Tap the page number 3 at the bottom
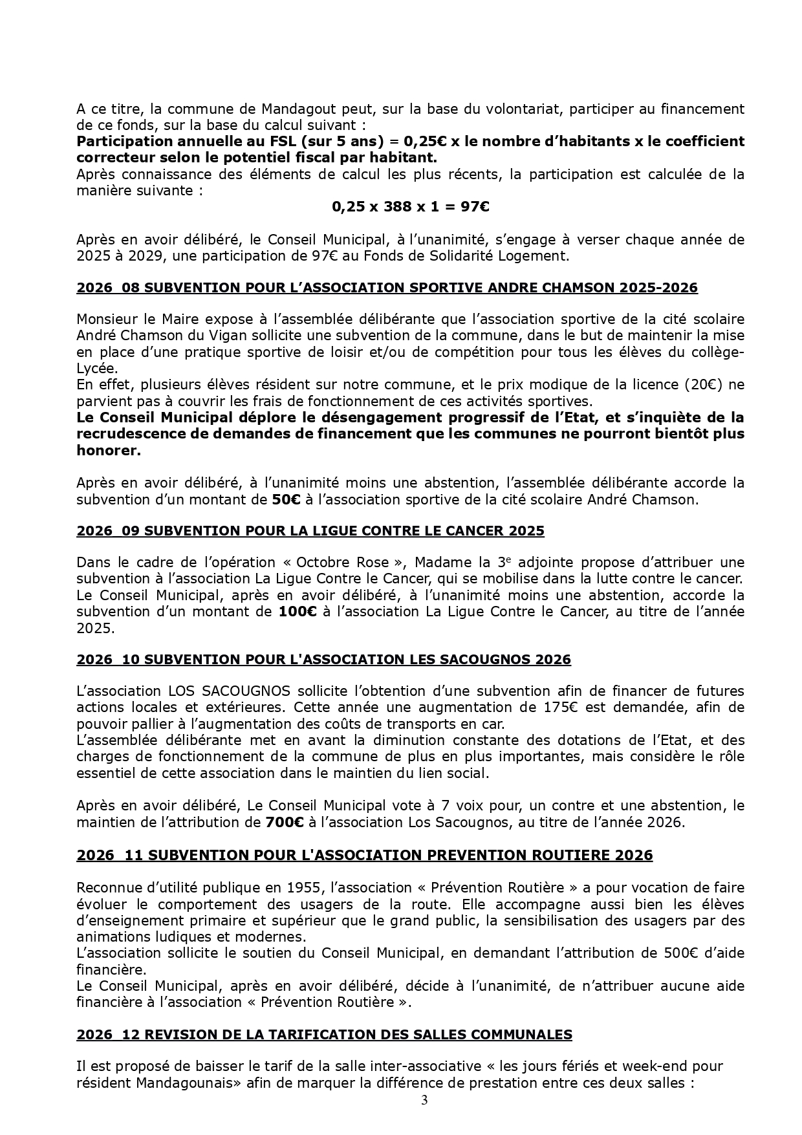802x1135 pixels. pos(424,1101)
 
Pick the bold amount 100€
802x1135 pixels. pos(298,611)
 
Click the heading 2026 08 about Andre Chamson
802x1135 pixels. pos(387,288)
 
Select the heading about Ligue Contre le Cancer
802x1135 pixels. pos(310,531)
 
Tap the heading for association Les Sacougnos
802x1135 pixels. pos(323,660)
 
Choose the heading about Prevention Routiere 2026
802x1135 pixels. pos(364,855)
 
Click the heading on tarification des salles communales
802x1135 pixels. pos(324,1035)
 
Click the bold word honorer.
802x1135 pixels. pos(109,451)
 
